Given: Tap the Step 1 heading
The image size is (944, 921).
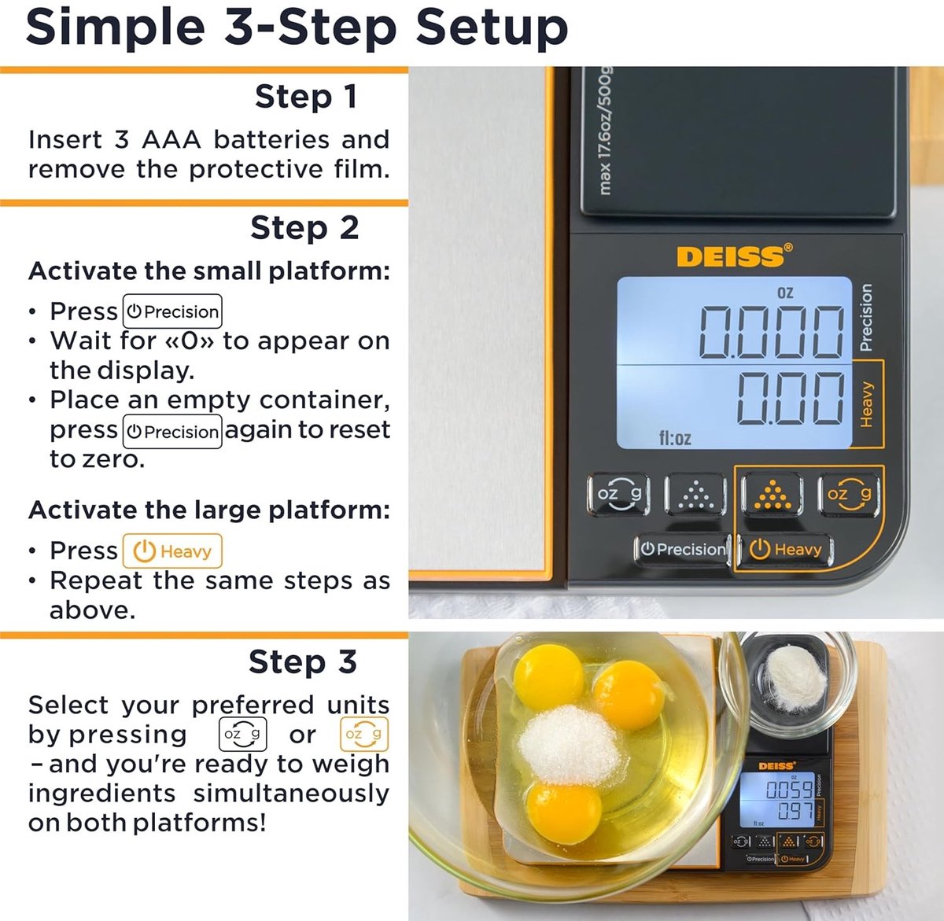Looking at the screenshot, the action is tap(306, 97).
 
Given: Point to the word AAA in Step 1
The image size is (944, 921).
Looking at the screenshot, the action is tap(171, 140).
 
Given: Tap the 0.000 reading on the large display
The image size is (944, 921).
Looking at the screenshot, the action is tap(771, 333).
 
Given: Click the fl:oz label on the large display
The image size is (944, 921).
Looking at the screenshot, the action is tap(675, 438).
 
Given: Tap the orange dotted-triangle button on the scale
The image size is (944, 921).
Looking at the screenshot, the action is tap(773, 494).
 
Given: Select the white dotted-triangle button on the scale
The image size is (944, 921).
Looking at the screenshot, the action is tap(695, 495).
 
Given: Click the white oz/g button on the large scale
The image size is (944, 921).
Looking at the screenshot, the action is tap(618, 494).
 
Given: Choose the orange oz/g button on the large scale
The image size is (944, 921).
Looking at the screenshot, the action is tap(849, 494).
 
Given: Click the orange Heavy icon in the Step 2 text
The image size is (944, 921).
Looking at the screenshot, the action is tap(172, 551).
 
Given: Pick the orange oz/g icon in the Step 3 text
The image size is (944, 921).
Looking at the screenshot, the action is tap(363, 734).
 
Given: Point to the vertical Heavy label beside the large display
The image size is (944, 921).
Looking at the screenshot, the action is tap(866, 404).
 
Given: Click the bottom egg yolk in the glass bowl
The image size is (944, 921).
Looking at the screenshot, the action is tap(564, 813).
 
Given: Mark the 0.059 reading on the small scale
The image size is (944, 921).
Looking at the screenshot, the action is tap(788, 790).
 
